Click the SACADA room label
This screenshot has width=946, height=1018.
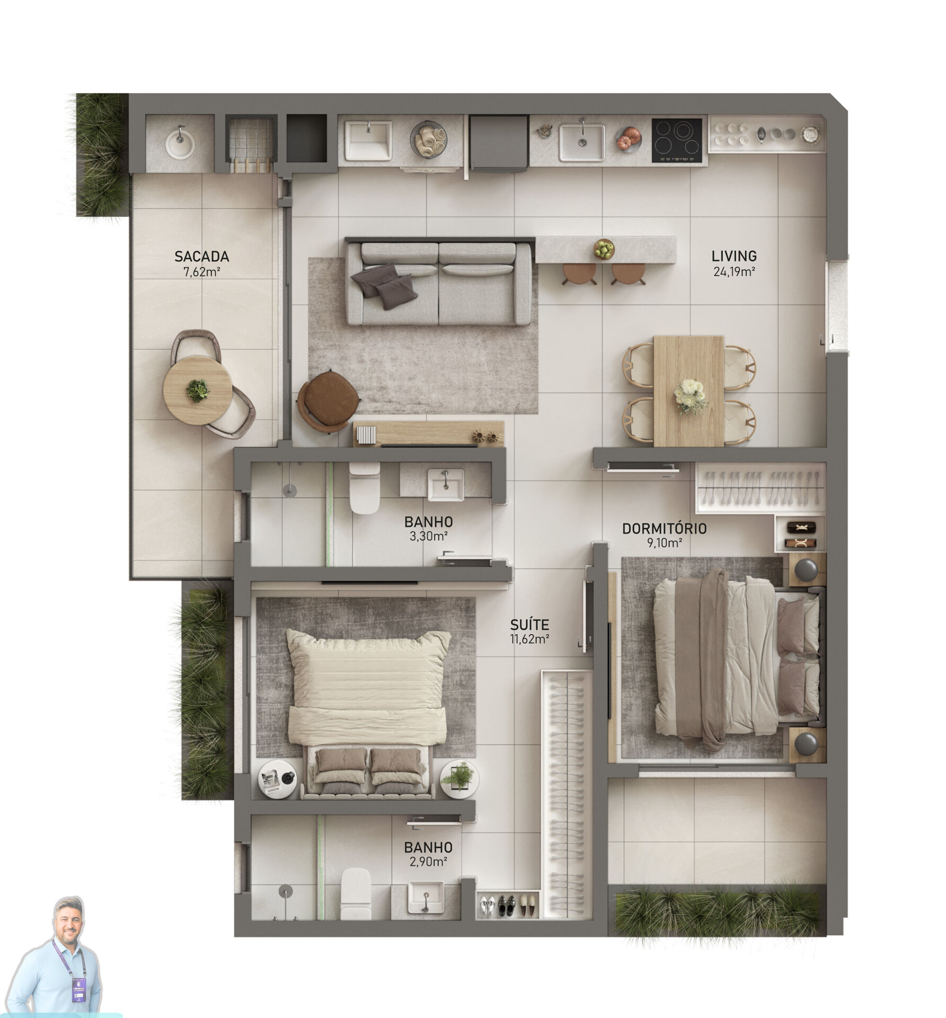pos(201,257)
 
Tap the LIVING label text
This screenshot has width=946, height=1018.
pos(734,257)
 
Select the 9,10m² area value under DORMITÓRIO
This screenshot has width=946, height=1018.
pos(664,543)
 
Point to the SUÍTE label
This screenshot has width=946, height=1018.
pos(529,624)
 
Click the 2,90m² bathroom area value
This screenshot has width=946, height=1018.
pos(428,862)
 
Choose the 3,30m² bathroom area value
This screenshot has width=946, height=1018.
pos(428,536)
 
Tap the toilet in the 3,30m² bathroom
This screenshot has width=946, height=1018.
pos(364,488)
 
